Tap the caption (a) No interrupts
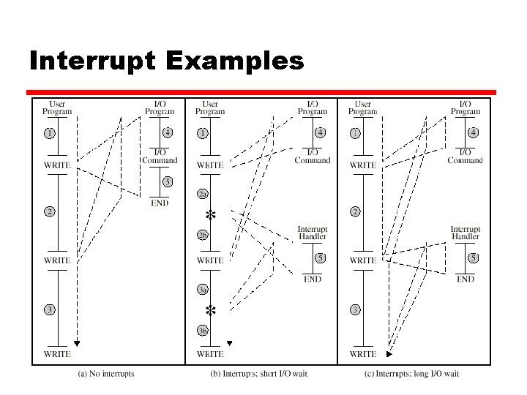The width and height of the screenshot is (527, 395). coord(106,374)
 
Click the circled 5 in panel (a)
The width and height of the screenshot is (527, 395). coord(168,181)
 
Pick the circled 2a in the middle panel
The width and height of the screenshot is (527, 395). coord(203,194)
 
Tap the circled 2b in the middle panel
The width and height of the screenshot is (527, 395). coord(203,236)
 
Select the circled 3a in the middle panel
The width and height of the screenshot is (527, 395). coord(203,290)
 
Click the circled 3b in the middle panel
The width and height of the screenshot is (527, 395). coord(203,330)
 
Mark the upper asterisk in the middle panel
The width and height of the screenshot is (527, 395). coord(211,215)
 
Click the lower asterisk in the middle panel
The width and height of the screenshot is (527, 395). coord(211,310)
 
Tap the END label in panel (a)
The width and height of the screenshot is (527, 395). coord(160,203)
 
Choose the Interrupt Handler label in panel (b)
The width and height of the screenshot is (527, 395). coord(313,233)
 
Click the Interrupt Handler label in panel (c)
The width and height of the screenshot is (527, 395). coord(466,233)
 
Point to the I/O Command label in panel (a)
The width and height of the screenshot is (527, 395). coord(160,156)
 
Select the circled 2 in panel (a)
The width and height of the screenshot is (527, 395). coord(49,211)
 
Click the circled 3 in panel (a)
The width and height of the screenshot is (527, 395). coord(49,309)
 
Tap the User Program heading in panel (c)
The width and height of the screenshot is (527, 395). coord(363,108)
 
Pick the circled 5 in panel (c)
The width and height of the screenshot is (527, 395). coord(474,257)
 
